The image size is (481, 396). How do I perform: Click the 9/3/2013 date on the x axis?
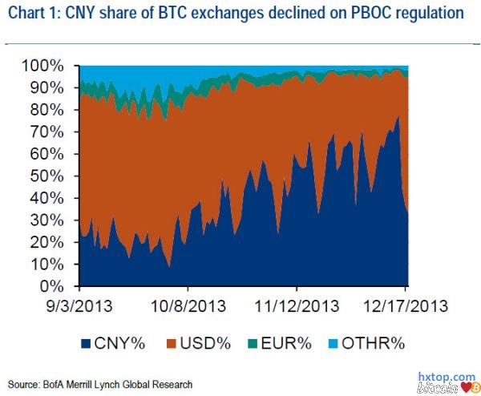click(x=80, y=306)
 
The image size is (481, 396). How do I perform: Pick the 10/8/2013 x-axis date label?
click(x=188, y=306)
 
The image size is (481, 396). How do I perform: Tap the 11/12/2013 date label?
click(x=297, y=306)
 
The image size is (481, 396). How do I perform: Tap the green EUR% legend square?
click(x=249, y=344)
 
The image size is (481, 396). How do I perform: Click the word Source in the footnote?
click(x=25, y=383)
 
